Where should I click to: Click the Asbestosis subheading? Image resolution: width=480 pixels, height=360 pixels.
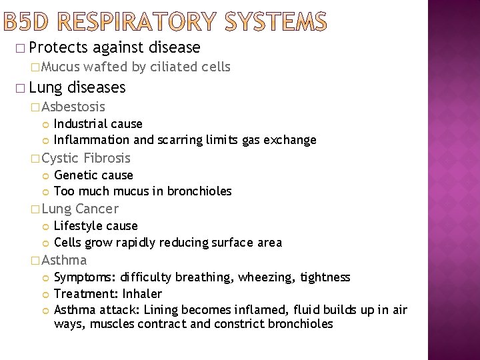(73, 107)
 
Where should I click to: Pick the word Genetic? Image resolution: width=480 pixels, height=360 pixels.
(75, 175)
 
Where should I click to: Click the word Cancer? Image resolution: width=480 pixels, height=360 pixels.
(97, 209)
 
